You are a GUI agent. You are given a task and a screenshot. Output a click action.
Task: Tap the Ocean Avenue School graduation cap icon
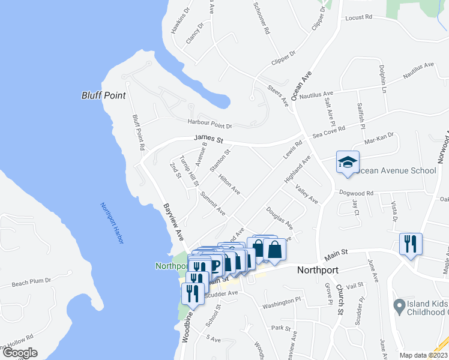347,162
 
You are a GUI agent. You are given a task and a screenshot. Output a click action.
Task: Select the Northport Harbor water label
112,223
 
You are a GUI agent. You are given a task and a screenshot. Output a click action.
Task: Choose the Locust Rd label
359,18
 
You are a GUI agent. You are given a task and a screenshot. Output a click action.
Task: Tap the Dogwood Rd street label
357,193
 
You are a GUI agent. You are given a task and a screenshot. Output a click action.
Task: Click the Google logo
20,353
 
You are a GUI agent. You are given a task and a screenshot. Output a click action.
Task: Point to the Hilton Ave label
229,185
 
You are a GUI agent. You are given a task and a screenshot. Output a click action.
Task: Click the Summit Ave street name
212,205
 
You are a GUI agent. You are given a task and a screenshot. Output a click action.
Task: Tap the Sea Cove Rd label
329,131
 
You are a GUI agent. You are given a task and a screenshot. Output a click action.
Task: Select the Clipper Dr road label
283,53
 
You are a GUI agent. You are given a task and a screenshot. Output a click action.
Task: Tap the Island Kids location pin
397,307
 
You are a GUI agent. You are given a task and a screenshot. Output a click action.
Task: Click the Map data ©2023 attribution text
424,355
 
